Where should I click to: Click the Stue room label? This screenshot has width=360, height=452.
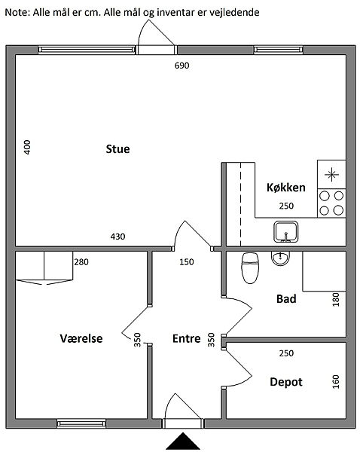coord(117,149)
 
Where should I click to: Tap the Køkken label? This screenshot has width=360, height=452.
coord(285,188)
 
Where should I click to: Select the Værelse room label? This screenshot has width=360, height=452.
coord(81,338)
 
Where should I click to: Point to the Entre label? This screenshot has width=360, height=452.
coord(187,338)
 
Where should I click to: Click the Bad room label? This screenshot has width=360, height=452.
coord(286,298)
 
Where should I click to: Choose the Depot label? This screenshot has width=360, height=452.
coord(286,382)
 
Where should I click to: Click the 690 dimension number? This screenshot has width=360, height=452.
coord(182,66)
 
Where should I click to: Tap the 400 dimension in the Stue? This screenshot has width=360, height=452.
coord(27,147)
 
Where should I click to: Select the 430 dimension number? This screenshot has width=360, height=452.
coord(117,237)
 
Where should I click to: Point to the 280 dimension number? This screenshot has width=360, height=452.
coord(81,262)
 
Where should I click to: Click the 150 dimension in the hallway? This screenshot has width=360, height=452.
coord(187,262)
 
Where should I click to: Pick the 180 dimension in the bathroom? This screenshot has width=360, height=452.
coord(336,299)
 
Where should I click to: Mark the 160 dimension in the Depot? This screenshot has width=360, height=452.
coord(336,382)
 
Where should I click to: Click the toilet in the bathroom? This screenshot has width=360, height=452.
coord(250,268)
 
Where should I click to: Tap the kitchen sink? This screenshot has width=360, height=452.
coord(285,231)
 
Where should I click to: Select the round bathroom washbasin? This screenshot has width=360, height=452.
coord(280,258)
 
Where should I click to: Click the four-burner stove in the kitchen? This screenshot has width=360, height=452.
coord(331,203)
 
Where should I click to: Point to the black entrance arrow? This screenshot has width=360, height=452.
coord(183,441)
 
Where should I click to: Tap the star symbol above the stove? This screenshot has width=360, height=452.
coord(331,175)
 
